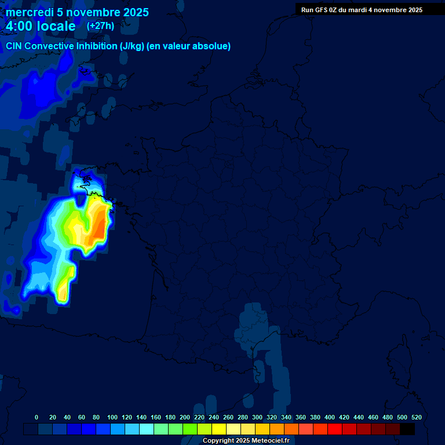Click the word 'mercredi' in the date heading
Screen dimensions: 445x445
29,12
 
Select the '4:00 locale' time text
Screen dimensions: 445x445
41,26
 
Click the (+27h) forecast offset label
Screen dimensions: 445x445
100,26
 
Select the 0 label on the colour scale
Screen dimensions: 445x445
37,417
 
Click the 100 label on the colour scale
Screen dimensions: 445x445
112,417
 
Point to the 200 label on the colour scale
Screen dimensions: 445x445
185,417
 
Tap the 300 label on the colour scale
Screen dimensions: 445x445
257,417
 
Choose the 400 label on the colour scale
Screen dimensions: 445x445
330,417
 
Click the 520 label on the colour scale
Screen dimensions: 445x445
416,417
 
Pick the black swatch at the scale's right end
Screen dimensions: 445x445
407,429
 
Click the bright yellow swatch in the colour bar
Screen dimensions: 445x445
219,429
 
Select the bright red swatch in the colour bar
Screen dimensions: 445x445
335,429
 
